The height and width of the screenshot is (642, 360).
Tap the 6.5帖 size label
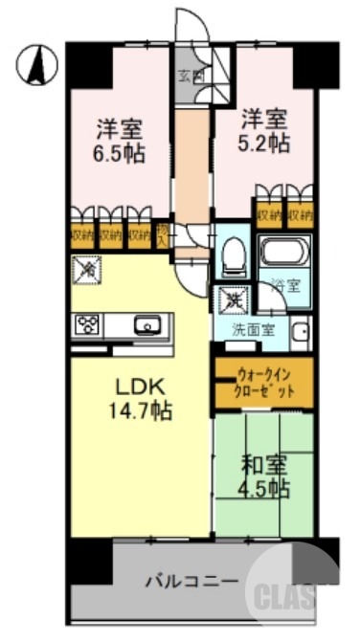(x=120, y=152)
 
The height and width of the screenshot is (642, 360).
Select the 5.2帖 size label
(x=263, y=144)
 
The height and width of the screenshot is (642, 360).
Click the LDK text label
(x=141, y=388)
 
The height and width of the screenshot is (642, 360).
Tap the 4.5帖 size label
(x=263, y=489)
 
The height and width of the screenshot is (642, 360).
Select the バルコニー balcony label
(x=191, y=581)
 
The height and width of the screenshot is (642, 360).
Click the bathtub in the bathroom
(x=285, y=256)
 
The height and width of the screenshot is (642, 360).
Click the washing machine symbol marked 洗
(x=233, y=299)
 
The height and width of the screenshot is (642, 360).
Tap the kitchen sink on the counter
(x=149, y=325)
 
